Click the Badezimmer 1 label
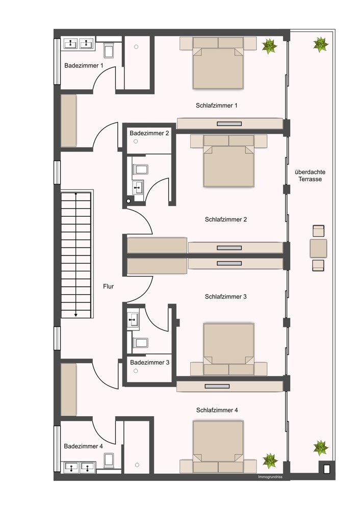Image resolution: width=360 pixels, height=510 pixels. pos(84,66)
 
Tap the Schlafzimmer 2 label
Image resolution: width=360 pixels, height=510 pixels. pos(226,219)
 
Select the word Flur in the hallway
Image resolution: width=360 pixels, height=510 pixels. pos(108,287)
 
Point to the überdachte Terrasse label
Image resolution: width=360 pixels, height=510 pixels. pos(310,175)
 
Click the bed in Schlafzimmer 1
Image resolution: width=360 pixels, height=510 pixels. pos(218,63)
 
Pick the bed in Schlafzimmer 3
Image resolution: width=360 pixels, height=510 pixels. pos(228,349)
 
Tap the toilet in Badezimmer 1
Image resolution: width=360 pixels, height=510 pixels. pos(109,50)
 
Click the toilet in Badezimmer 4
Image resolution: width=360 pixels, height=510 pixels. pos(109,460)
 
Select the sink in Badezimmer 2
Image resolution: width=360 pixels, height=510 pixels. pos(138,187)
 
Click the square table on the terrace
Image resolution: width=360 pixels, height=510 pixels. pos(318,248)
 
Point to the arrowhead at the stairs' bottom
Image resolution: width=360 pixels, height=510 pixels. pos(76,315)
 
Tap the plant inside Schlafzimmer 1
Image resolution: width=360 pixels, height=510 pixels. pos(270,46)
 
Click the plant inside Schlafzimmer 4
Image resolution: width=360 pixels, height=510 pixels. pos(270,461)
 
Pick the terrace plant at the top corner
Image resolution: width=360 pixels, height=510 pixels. pos(321,44)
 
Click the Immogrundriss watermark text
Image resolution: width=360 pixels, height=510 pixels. pos(270,477)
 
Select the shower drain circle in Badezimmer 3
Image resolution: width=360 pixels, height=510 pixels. pos(136,371)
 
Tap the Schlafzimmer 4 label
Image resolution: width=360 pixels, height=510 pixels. pos(217,411)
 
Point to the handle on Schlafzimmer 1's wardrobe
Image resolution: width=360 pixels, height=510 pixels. pos(229,123)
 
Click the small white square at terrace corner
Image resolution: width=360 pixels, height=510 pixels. pos(327,469)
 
